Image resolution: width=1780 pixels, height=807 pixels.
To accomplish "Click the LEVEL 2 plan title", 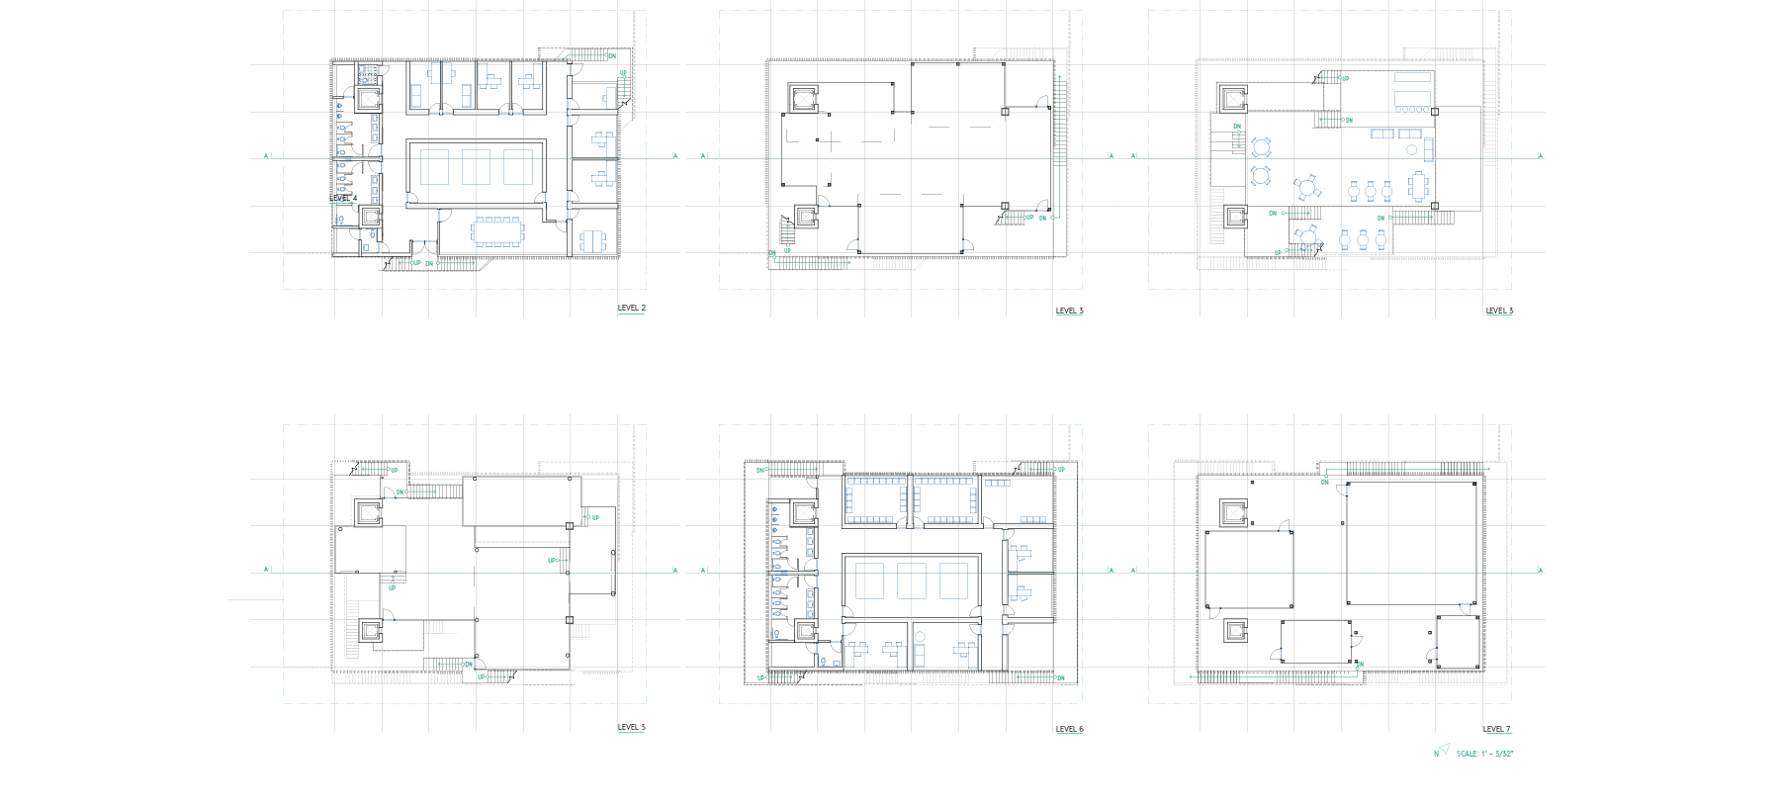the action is tap(631, 309).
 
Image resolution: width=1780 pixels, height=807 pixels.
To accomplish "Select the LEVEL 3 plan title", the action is tap(1499, 311).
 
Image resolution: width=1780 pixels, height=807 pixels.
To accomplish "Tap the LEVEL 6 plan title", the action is tap(1069, 729).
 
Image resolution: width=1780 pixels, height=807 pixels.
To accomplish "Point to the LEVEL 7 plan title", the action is tap(1497, 729).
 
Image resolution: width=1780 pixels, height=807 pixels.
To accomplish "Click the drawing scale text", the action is tap(1484, 754).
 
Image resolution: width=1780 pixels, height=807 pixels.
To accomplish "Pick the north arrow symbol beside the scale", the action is tap(1443, 751).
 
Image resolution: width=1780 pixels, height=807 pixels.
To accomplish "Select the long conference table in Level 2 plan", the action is tap(498, 231).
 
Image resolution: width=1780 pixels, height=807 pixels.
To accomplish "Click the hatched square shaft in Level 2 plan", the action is tap(368, 74).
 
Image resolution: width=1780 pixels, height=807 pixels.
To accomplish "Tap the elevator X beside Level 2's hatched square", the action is tap(368, 98).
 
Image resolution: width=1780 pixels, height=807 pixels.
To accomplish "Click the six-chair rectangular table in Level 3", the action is tap(1419, 186).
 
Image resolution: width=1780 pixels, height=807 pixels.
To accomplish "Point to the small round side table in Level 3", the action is tap(1412, 150).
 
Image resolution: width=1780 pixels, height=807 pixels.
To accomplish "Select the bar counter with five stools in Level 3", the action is tap(1412, 96).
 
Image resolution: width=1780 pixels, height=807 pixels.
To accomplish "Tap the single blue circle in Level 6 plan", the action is tap(920, 637).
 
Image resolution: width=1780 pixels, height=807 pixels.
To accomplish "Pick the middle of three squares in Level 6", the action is tap(911, 581).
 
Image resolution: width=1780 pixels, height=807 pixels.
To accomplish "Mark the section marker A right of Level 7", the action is tap(1540, 570).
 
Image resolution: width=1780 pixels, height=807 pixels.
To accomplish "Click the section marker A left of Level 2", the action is tap(266, 155).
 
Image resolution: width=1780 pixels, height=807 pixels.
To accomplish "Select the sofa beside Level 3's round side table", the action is tap(1428, 150).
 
